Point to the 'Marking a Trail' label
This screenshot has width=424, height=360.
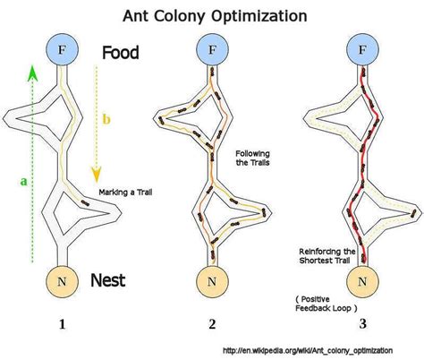click(124, 190)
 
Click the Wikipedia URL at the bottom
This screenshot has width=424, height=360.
click(318, 350)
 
